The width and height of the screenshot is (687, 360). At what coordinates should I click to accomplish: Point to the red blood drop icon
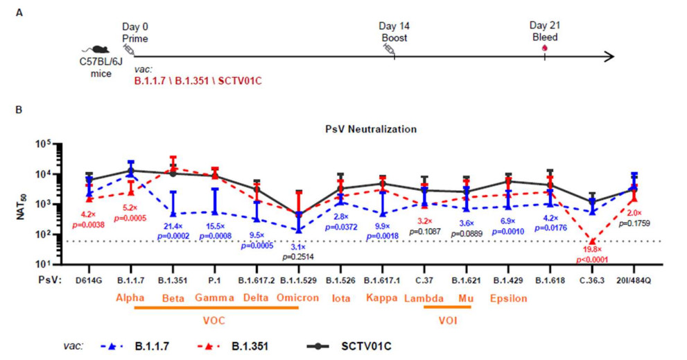pos(544,47)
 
